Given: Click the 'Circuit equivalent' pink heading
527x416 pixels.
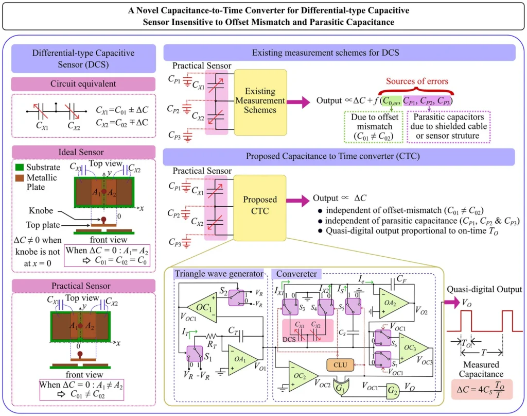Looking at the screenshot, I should (x=83, y=84).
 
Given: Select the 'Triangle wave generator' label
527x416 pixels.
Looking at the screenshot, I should (x=219, y=273).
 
